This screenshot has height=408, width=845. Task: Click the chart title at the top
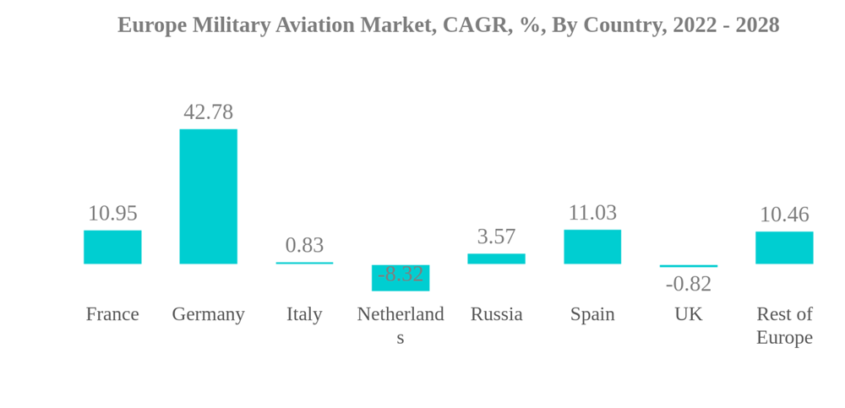tap(448, 25)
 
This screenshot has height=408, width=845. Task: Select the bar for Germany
tap(208, 196)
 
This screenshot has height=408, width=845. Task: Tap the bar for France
tap(112, 247)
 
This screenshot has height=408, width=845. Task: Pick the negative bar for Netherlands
tap(401, 278)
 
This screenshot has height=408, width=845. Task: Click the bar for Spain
tap(592, 247)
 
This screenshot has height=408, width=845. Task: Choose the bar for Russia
tap(496, 258)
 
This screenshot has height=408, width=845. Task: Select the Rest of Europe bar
tap(784, 248)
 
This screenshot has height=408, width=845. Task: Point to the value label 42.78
tap(208, 112)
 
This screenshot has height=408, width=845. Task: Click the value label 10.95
tap(112, 213)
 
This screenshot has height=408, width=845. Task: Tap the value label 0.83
tap(304, 245)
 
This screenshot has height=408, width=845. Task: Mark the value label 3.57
tap(496, 237)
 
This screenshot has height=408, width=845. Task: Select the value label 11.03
tap(592, 212)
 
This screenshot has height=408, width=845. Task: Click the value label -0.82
tap(689, 284)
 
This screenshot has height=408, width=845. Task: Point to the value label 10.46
tap(784, 215)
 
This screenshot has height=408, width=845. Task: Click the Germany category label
tap(208, 314)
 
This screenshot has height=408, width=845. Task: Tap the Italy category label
tap(304, 314)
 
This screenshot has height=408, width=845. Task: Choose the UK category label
tap(689, 314)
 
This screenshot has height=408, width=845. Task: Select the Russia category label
tap(496, 314)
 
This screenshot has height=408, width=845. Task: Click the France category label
tap(112, 314)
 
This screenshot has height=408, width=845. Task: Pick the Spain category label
tap(592, 314)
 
